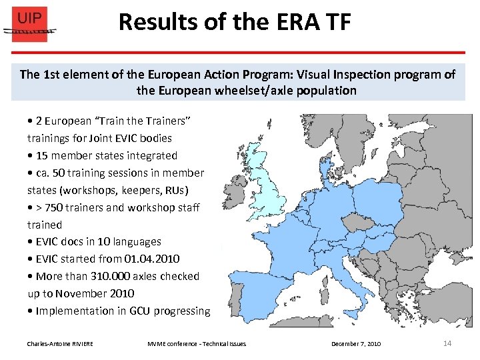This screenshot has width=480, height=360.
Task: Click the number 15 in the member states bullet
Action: pyautogui.click(x=42, y=155)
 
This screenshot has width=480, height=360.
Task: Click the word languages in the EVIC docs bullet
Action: pyautogui.click(x=136, y=241)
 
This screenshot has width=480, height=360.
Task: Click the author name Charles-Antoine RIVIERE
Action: pyautogui.click(x=60, y=343)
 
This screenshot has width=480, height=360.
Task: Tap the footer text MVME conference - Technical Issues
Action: pyautogui.click(x=197, y=343)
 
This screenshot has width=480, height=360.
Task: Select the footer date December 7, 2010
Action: pyautogui.click(x=356, y=343)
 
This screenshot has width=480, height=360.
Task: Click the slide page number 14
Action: pyautogui.click(x=447, y=343)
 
